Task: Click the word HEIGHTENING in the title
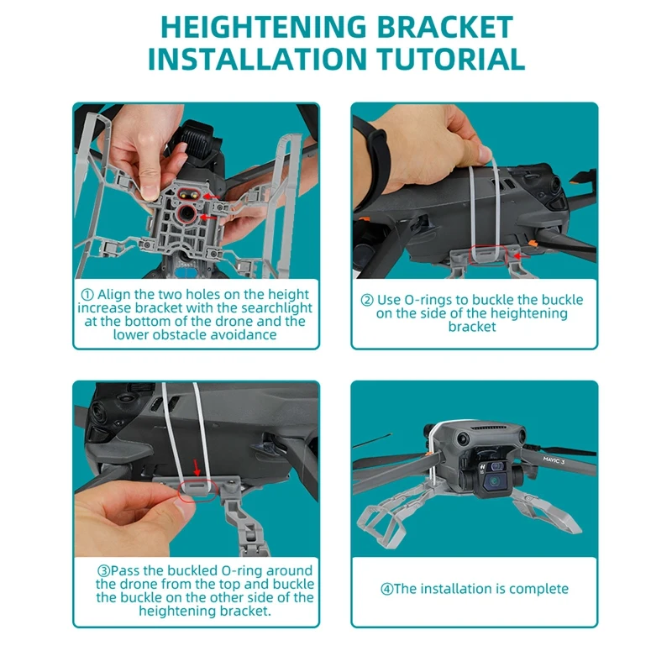pos(264,28)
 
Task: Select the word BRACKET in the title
pos(445,28)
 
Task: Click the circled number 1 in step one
pos(87,295)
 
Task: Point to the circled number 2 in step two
pos(367,300)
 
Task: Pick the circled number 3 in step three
pos(103,571)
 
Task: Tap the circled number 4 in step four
pos(387,589)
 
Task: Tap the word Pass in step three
pos(125,571)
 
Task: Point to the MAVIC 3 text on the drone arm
pos(554,460)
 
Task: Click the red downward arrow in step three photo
pos(197,468)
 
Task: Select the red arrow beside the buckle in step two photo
pos(522,256)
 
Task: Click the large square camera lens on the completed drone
pos(494,482)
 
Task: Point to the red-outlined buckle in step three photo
pos(197,491)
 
